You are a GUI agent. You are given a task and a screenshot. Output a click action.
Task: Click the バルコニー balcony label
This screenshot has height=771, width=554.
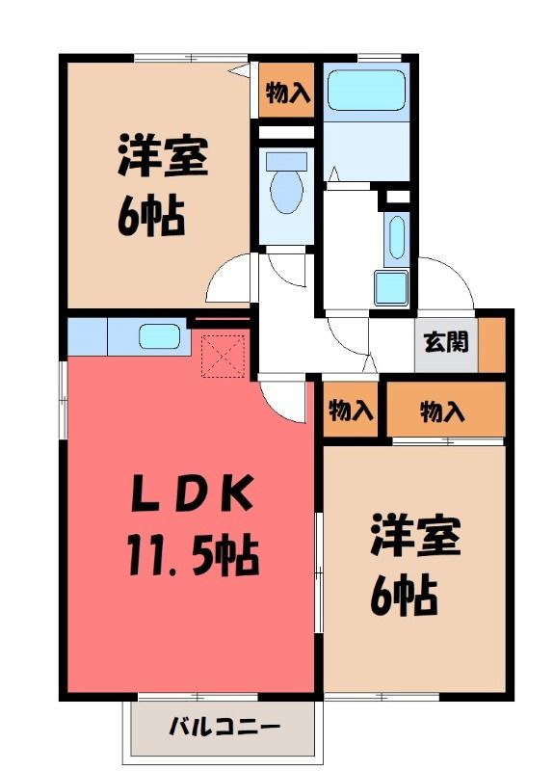point(224,726)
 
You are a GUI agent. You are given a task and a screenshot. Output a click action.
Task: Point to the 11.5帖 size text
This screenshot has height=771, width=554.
point(194,556)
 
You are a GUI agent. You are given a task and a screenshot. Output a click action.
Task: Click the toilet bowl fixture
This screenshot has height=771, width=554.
point(286,182)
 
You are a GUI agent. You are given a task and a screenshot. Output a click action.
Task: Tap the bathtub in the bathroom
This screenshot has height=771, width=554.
point(366,90)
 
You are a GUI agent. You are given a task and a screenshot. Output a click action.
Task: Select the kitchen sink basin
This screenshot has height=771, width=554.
point(159,336)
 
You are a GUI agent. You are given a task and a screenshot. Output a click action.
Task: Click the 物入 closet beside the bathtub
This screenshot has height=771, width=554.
point(286,91)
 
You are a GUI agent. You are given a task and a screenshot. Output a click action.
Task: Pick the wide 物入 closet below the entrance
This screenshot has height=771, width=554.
point(446,409)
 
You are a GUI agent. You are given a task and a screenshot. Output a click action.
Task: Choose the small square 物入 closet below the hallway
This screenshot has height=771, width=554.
point(351,409)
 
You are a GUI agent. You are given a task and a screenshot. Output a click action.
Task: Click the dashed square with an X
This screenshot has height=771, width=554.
point(224,356)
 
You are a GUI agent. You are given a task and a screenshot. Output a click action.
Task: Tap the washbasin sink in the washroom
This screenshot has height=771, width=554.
point(396,238)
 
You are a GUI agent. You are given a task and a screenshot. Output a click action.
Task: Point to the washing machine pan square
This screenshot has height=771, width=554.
point(391,287)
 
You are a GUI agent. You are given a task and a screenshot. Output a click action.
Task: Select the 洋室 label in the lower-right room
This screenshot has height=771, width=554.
point(415,535)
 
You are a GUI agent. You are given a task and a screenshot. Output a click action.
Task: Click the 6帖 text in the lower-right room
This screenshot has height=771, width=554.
point(404,596)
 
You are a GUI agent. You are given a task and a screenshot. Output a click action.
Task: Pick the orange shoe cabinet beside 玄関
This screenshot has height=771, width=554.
point(492,345)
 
